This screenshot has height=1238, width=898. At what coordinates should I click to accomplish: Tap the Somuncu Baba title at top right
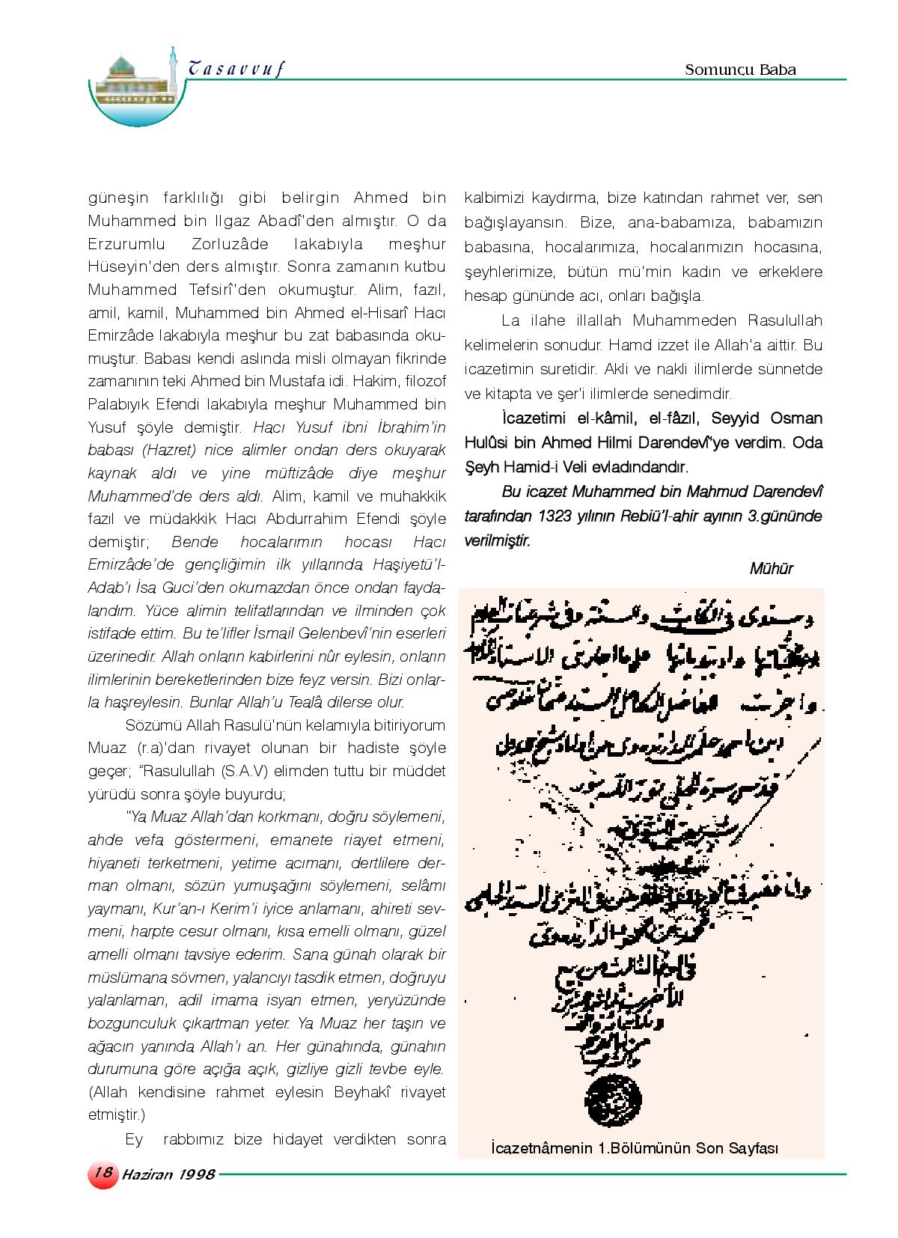[740, 70]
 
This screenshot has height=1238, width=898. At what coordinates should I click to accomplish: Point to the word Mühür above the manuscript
[771, 568]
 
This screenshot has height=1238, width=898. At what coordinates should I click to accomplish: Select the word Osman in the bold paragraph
[795, 418]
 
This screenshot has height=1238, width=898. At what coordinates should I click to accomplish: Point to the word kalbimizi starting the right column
[492, 198]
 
